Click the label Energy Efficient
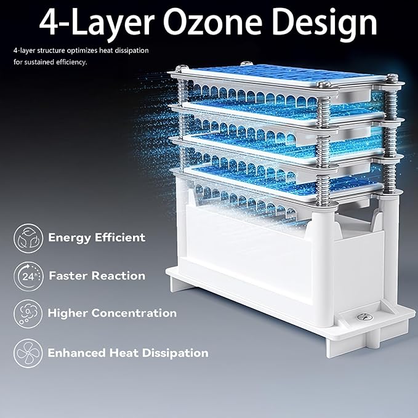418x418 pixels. tap(97, 237)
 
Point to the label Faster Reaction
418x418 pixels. tap(97, 276)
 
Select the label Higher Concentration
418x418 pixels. tap(112, 313)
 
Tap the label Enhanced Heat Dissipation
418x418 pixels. tap(128, 353)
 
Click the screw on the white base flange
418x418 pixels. tap(362, 315)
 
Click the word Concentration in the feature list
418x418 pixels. tap(134, 313)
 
